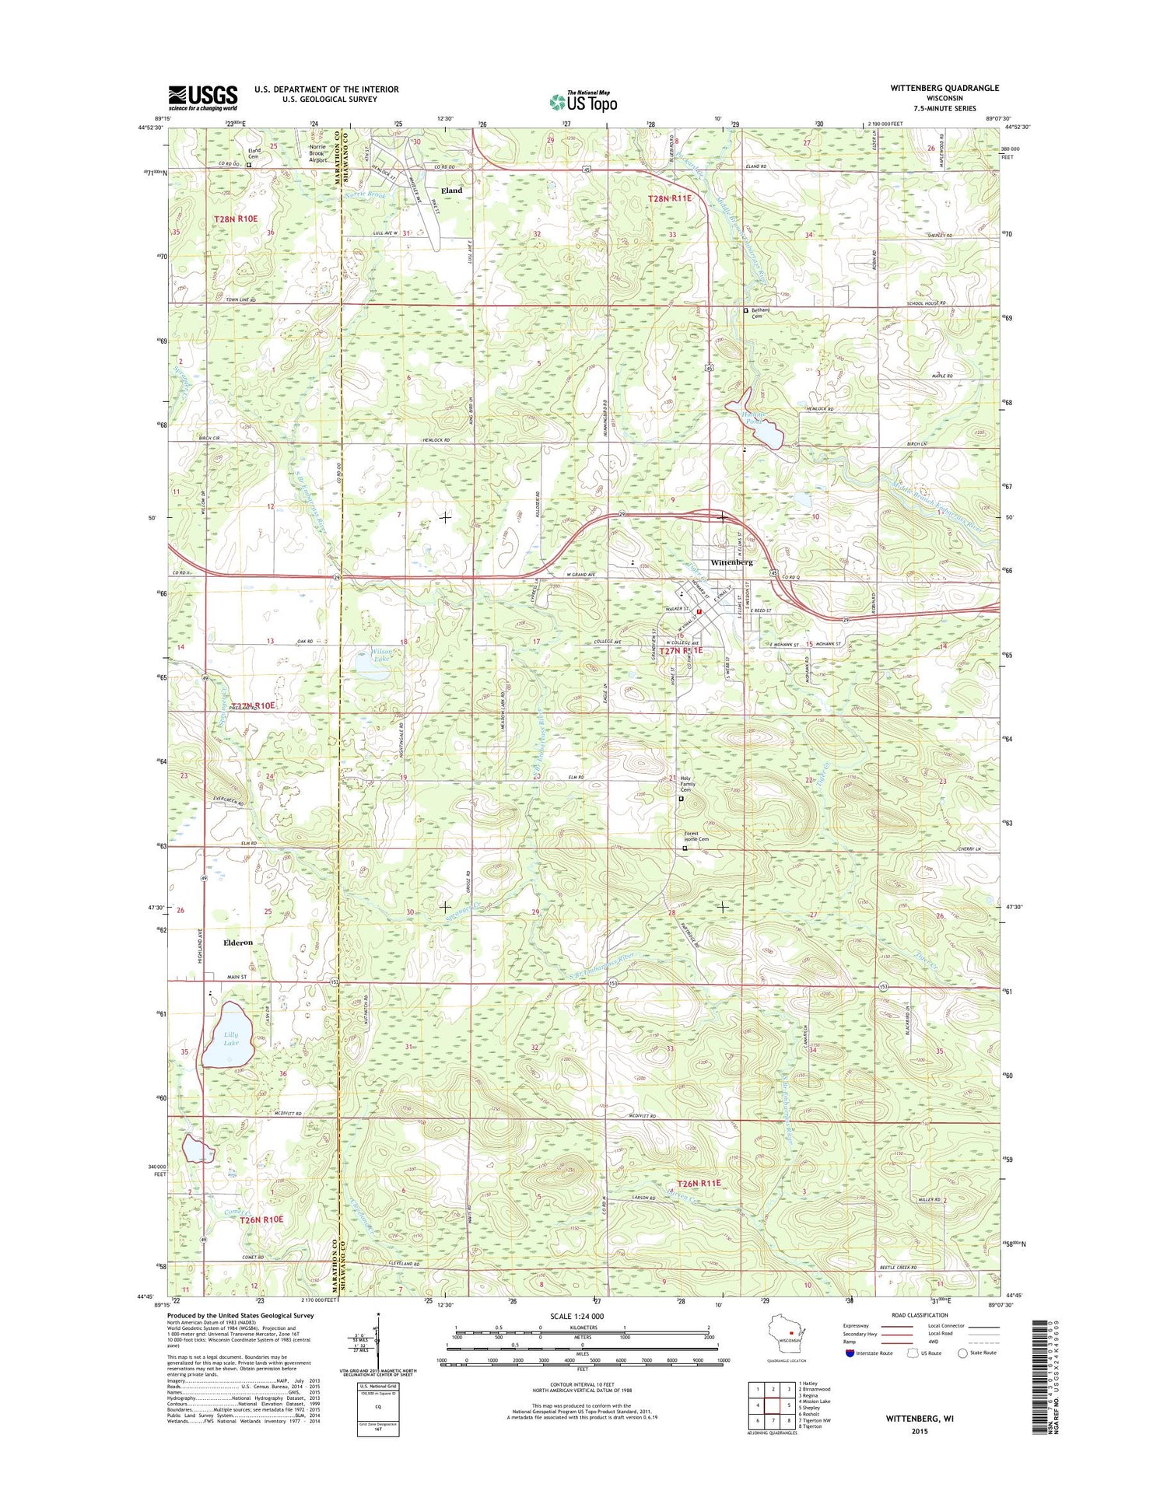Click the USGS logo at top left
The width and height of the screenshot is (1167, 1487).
203,96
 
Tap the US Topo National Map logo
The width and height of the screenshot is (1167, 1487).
583,100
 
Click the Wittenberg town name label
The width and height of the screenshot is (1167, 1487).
731,562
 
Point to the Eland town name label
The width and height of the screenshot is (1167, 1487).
451,191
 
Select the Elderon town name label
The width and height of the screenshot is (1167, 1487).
238,943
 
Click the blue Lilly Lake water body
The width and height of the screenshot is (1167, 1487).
227,1034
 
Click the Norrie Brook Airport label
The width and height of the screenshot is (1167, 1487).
317,153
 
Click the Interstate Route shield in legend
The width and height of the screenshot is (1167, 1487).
850,1353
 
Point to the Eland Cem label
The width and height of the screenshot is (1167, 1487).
254,153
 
